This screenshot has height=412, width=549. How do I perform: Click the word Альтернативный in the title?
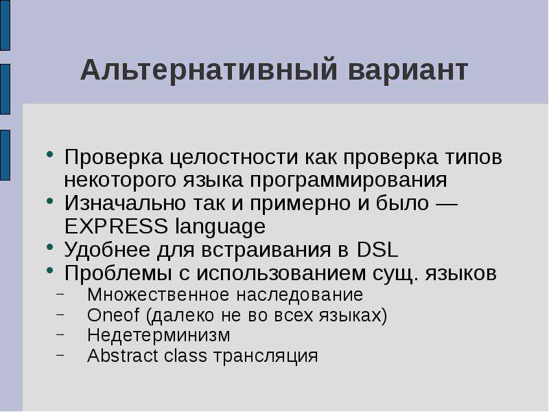(x=209, y=70)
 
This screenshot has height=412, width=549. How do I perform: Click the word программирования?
(x=349, y=181)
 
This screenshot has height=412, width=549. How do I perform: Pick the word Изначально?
(x=125, y=203)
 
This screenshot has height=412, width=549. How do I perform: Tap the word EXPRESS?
(x=116, y=226)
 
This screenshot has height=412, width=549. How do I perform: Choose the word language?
(x=220, y=227)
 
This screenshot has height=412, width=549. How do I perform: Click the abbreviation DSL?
(x=377, y=250)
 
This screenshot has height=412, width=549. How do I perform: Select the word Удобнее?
(x=108, y=249)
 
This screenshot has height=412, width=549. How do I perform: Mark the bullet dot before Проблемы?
(x=50, y=270)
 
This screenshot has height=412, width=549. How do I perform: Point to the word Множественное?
(x=159, y=295)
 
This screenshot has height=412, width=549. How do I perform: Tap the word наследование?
(x=300, y=295)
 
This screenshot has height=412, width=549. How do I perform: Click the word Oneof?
(x=113, y=314)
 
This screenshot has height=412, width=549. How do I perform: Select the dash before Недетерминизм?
(x=60, y=334)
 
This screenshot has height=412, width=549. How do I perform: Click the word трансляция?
(x=266, y=356)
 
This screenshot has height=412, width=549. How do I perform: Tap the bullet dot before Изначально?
(x=50, y=201)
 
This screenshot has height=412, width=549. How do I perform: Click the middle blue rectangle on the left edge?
(x=5, y=89)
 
